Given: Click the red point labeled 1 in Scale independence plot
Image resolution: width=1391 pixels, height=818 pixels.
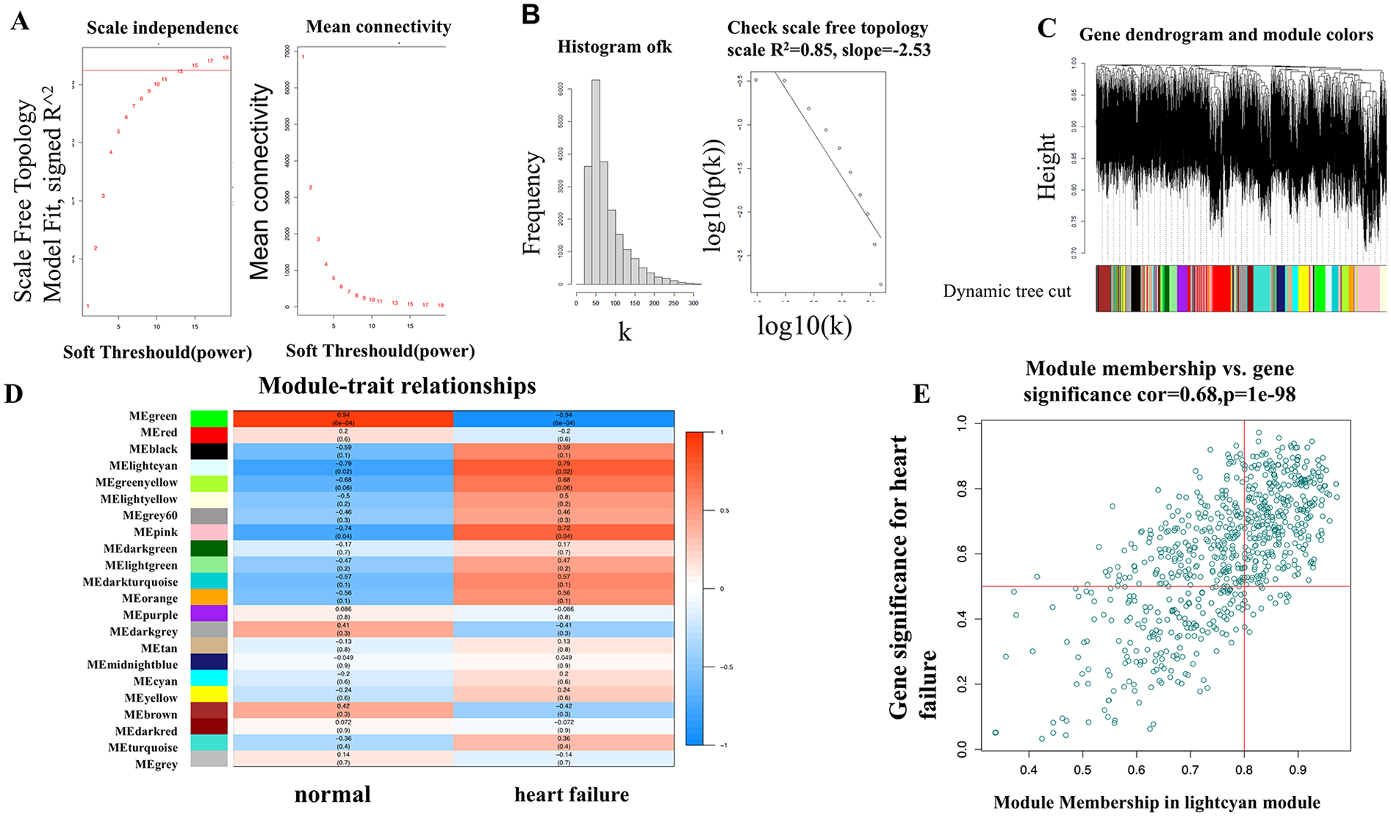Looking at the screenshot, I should (x=88, y=306).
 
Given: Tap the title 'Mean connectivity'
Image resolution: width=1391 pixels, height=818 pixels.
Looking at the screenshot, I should (x=378, y=27).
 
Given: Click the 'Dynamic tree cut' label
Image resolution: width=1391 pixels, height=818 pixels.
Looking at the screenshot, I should (x=1007, y=292).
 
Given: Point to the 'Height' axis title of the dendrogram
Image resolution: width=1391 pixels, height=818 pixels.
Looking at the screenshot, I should (x=1046, y=166).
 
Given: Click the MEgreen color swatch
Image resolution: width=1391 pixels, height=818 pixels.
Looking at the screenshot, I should (x=209, y=417).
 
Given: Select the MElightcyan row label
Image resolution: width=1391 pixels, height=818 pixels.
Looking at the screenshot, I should (x=143, y=466).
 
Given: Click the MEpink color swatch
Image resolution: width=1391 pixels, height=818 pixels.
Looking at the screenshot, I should (x=209, y=532).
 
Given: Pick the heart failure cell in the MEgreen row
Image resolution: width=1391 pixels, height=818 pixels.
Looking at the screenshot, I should (x=564, y=418).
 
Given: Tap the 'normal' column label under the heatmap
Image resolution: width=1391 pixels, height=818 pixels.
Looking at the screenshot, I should (x=332, y=794).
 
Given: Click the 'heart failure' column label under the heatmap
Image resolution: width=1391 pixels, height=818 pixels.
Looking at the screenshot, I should (x=571, y=794).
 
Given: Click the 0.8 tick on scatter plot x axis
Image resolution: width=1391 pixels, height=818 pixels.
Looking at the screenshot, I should (x=1244, y=769).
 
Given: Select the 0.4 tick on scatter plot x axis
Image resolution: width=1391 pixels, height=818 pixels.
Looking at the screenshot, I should (x=1029, y=769).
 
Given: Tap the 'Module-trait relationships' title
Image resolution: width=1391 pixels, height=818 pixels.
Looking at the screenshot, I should (x=397, y=386).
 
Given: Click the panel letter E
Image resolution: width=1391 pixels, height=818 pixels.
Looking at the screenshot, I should (x=921, y=394).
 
